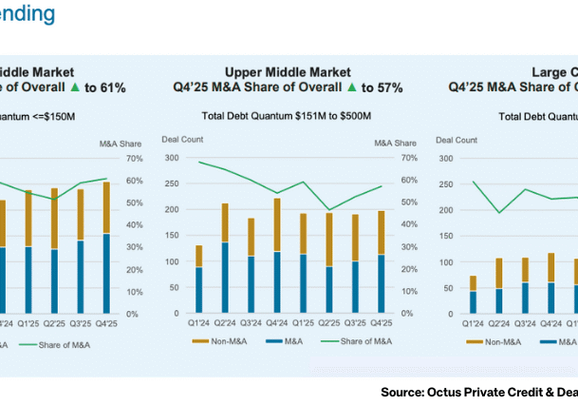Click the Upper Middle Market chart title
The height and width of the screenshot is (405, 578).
coord(288,72)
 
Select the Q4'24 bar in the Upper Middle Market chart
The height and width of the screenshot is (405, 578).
coord(276,256)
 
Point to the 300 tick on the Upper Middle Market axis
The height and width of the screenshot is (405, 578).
coord(172,158)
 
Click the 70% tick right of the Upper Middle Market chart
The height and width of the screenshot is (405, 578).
coord(410,158)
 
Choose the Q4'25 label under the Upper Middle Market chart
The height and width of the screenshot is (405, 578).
coord(381,322)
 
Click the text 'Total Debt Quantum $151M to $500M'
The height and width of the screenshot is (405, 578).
coord(288,117)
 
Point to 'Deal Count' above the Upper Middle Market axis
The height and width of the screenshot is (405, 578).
coord(178,141)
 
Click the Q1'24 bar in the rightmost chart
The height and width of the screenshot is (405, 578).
coord(473,295)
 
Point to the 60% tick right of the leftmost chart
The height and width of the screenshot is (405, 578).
coord(135,180)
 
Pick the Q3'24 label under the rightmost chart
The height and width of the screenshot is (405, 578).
coord(525,322)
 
